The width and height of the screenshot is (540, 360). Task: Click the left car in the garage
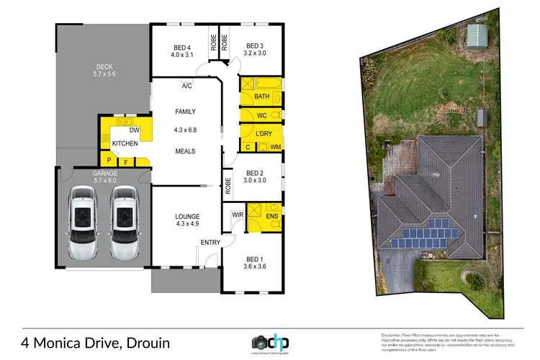[84, 225]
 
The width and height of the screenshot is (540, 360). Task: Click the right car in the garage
[124, 225]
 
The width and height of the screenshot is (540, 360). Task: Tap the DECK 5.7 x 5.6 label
[103, 69]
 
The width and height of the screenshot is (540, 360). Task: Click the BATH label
[261, 96]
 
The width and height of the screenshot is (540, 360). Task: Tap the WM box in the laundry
[274, 148]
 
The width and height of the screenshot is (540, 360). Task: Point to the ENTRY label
[210, 243]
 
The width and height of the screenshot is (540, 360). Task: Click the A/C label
[186, 86]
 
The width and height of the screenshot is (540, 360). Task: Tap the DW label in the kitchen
[134, 130]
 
